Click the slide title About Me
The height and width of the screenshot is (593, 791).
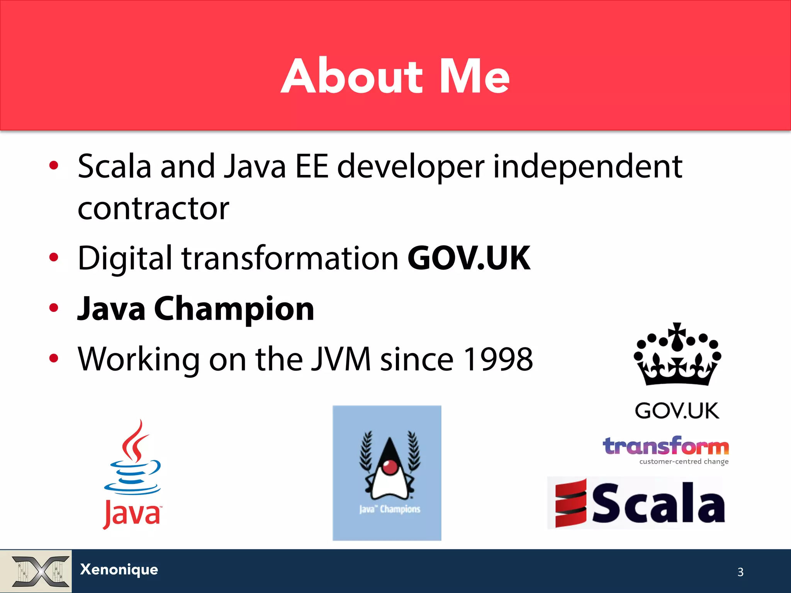click(x=395, y=76)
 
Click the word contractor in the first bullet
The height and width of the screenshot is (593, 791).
click(x=153, y=208)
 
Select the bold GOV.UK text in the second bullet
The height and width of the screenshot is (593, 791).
click(x=469, y=258)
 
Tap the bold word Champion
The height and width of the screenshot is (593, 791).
click(x=234, y=309)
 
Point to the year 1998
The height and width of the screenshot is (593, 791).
click(x=498, y=359)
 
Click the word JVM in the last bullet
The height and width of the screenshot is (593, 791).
click(x=341, y=359)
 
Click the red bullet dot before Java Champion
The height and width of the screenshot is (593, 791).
click(x=54, y=308)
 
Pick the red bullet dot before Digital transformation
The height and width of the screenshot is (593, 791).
click(x=54, y=257)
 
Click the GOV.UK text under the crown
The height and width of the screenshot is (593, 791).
click(x=677, y=410)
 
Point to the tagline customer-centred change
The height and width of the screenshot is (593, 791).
click(x=684, y=462)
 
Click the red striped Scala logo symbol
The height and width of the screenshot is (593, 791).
click(x=570, y=503)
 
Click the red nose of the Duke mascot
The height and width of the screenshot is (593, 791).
click(x=390, y=467)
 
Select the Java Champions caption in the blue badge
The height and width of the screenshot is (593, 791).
click(x=389, y=509)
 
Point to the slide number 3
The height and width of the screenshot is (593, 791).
click(x=740, y=572)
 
